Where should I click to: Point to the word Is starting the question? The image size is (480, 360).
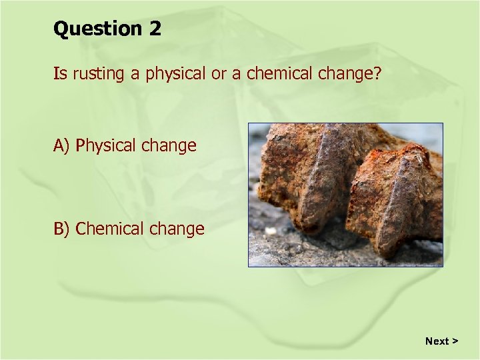point(60,73)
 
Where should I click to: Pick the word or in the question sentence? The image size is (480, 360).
point(219,74)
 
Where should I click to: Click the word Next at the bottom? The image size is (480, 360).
point(437,341)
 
